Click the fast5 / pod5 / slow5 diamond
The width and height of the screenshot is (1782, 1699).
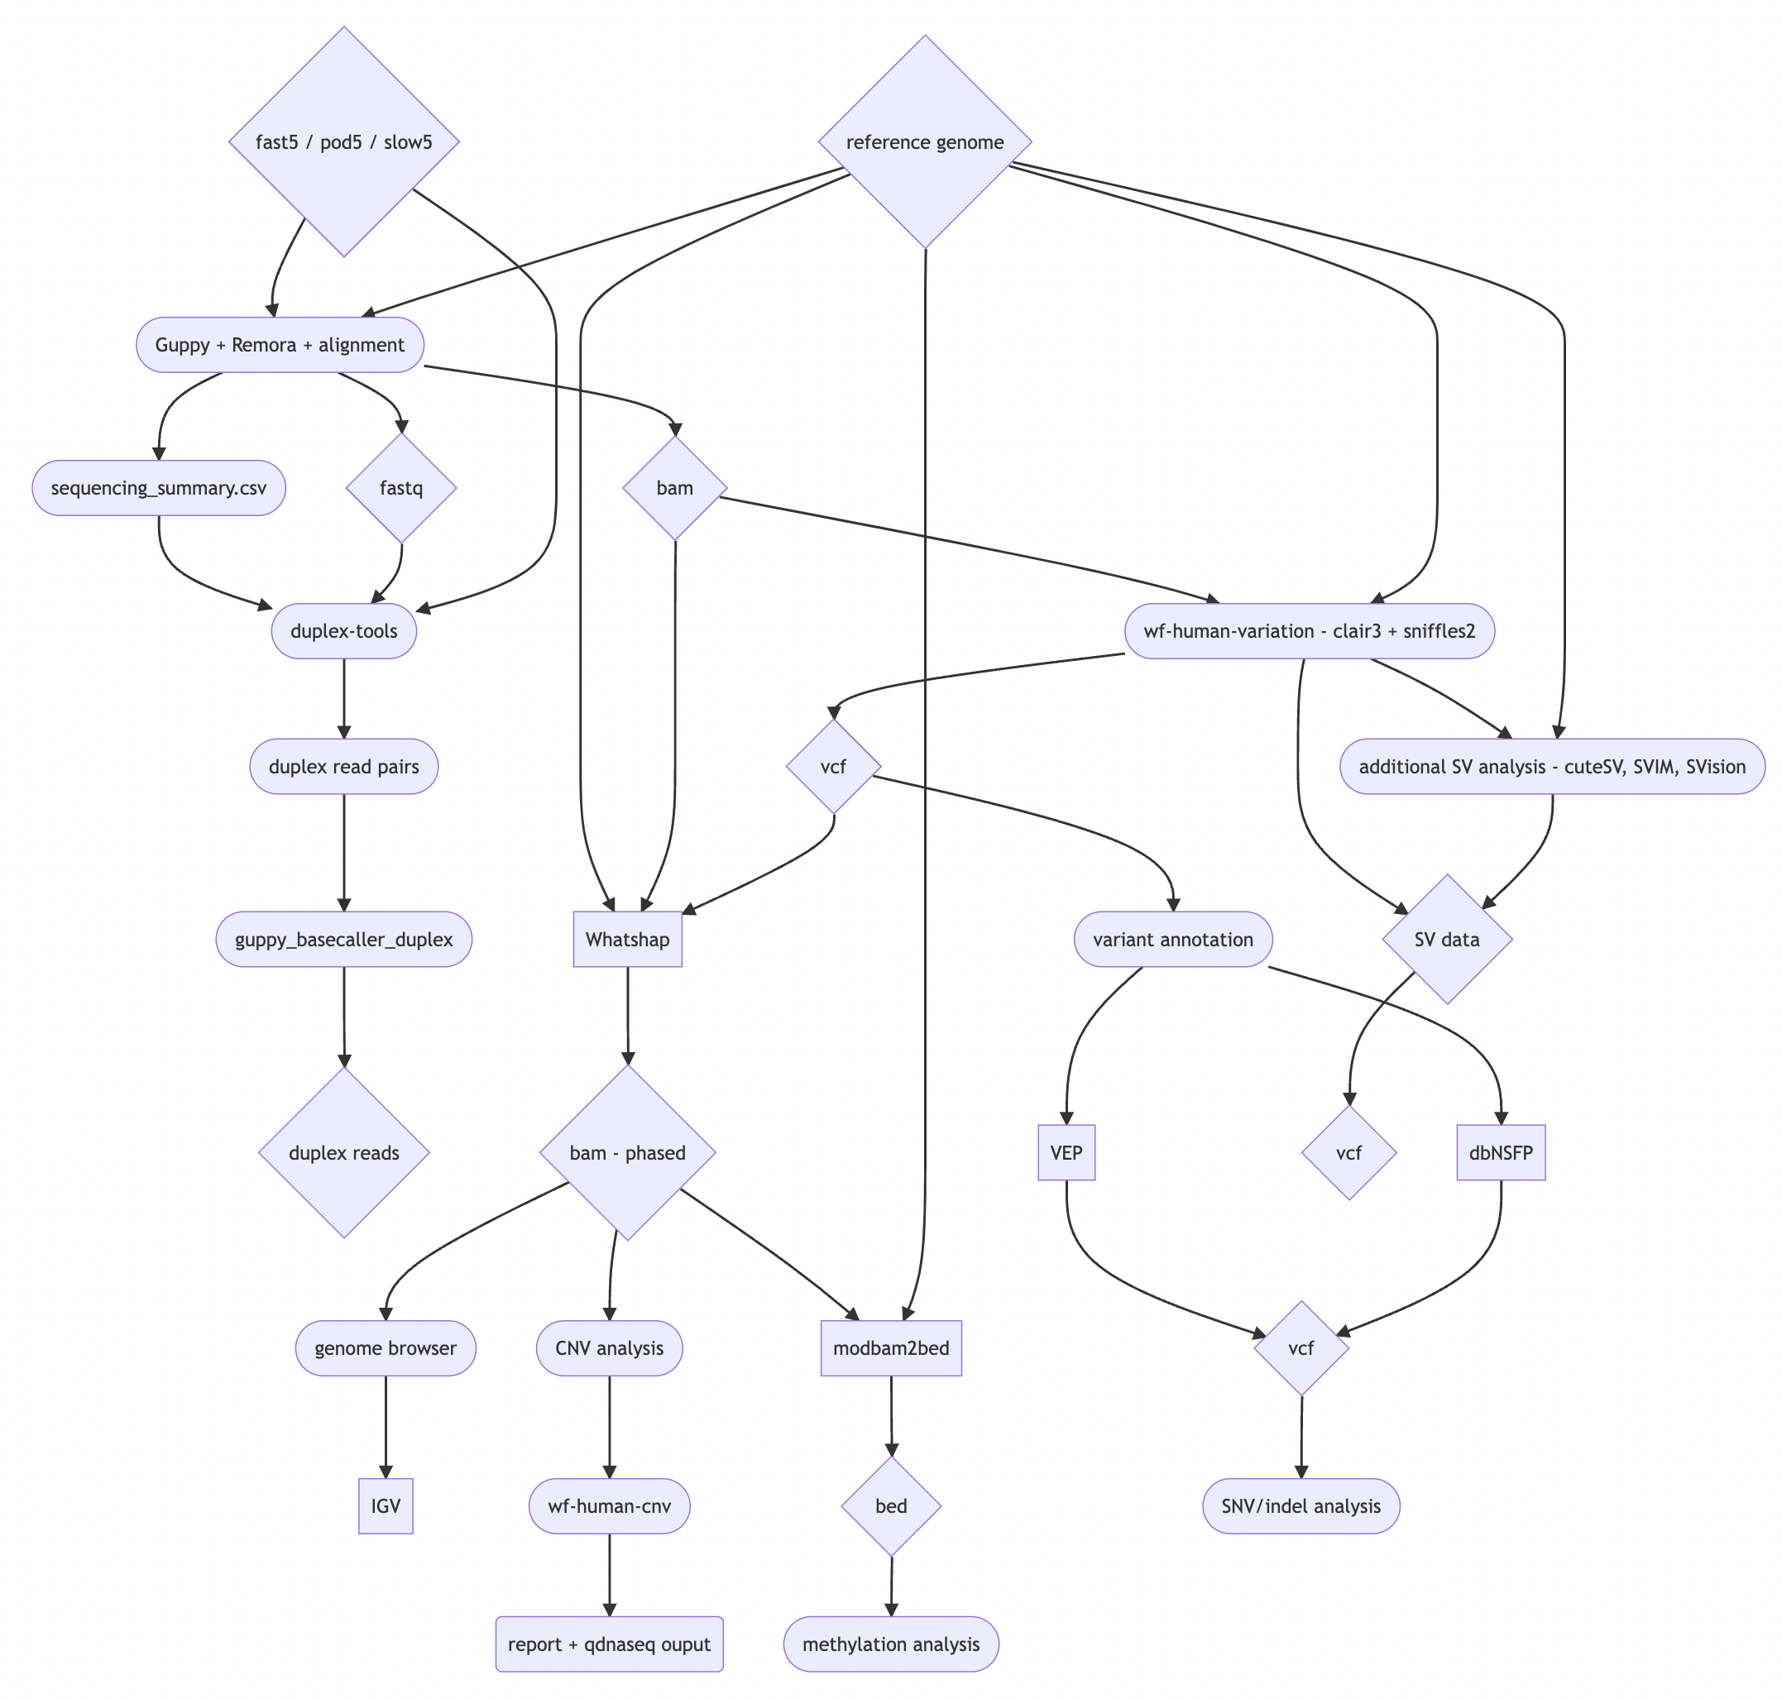pyautogui.click(x=343, y=142)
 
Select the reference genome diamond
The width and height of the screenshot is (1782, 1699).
pyautogui.click(x=924, y=142)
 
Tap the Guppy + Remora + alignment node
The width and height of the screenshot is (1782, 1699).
pyautogui.click(x=279, y=345)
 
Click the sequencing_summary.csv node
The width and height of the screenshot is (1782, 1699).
pyautogui.click(x=159, y=488)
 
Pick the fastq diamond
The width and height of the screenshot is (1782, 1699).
pyautogui.click(x=400, y=488)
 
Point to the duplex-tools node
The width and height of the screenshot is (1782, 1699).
pyautogui.click(x=343, y=631)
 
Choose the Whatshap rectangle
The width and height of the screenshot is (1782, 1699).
pyautogui.click(x=627, y=939)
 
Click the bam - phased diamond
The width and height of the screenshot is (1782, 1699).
pyautogui.click(x=627, y=1153)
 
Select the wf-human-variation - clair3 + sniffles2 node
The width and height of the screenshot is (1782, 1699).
pyautogui.click(x=1308, y=631)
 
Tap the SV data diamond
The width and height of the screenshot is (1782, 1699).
pyautogui.click(x=1446, y=939)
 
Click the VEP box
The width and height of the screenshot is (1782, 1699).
pyautogui.click(x=1066, y=1153)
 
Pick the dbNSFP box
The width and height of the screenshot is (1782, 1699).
pyautogui.click(x=1499, y=1153)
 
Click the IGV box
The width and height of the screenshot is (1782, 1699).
pyautogui.click(x=385, y=1506)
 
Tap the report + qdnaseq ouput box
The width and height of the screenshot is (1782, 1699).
pyautogui.click(x=609, y=1644)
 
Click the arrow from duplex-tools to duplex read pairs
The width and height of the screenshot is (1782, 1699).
pyautogui.click(x=343, y=697)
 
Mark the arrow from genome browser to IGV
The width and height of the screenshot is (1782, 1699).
pyautogui.click(x=385, y=1426)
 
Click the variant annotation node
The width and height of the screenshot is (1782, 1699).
pyautogui.click(x=1172, y=939)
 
